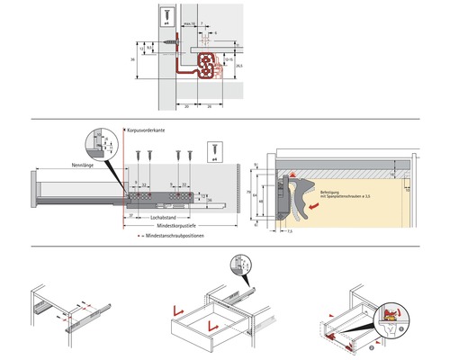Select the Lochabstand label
163,218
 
